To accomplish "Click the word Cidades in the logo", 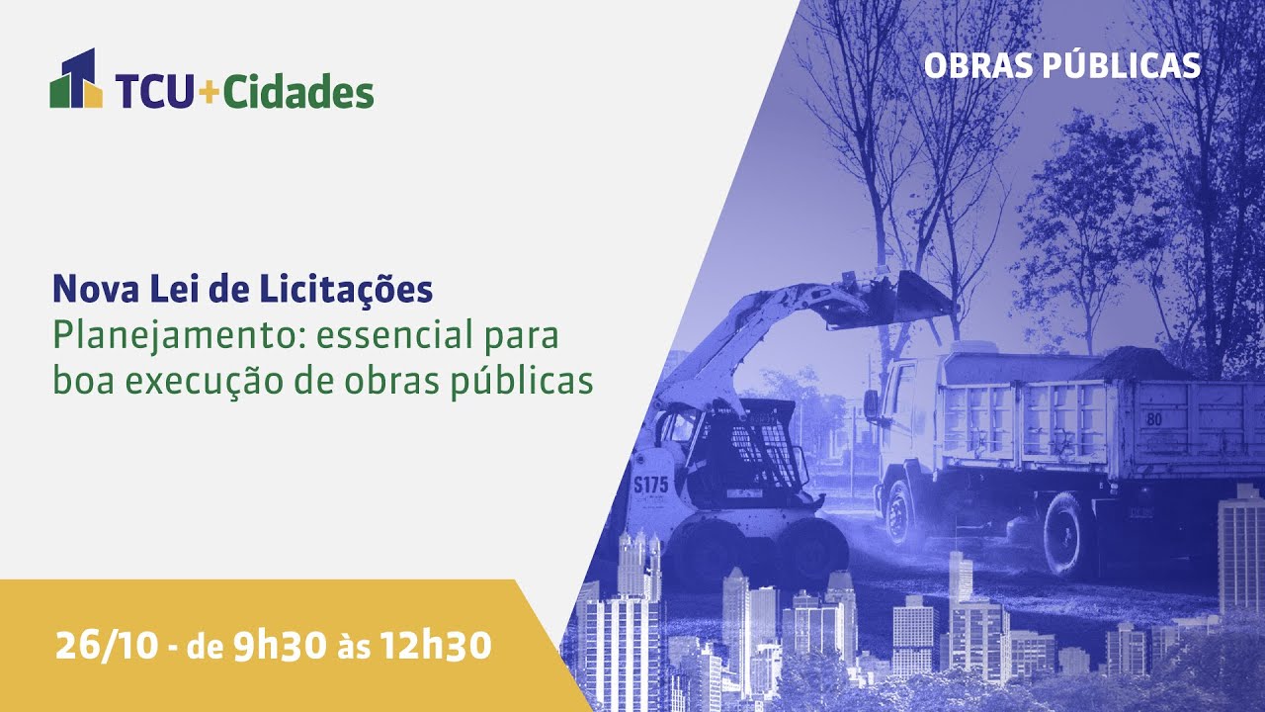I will pyautogui.click(x=297, y=92).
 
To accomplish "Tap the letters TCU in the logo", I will pyautogui.click(x=154, y=92).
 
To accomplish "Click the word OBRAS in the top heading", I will pyautogui.click(x=978, y=65).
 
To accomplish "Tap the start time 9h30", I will pyautogui.click(x=280, y=646).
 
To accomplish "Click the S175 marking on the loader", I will pyautogui.click(x=650, y=485).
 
